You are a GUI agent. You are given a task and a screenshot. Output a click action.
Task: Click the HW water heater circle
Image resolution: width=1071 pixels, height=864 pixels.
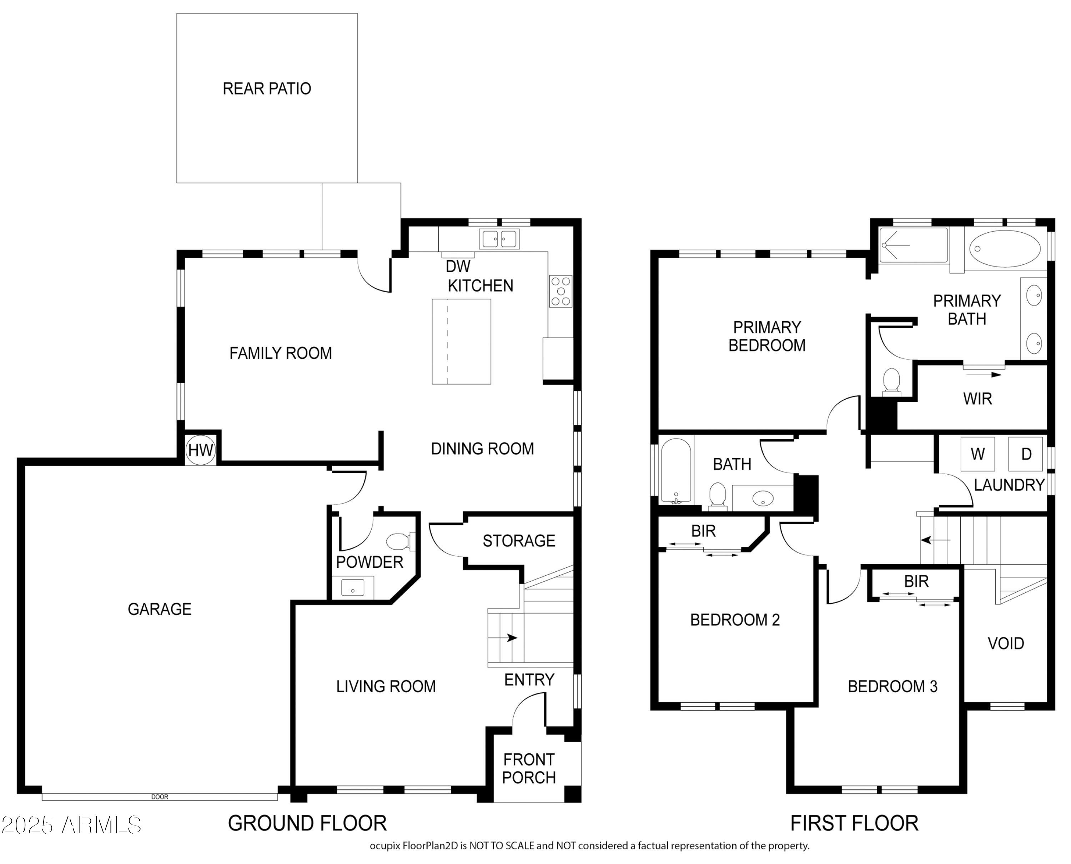click(x=201, y=450)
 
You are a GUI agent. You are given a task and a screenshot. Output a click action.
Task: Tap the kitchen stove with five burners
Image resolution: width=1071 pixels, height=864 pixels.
click(x=560, y=291)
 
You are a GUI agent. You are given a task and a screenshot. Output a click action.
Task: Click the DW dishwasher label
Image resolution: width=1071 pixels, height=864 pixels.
click(x=458, y=266)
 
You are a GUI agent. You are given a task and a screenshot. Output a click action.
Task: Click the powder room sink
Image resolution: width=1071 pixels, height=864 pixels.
click(x=352, y=588)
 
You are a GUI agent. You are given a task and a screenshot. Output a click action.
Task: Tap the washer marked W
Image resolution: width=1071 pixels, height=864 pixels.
click(x=977, y=454)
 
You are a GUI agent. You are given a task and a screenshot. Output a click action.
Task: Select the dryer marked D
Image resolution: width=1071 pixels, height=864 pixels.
click(x=1026, y=454)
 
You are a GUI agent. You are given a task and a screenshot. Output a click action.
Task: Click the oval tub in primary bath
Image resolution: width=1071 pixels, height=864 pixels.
click(x=1005, y=248)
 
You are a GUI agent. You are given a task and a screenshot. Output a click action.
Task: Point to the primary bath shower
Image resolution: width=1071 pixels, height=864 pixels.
click(x=913, y=245)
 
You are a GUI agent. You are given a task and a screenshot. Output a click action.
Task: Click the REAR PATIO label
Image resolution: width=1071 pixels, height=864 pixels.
click(x=267, y=89)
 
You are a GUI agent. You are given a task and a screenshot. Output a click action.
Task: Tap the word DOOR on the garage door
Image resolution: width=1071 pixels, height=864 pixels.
click(x=160, y=797)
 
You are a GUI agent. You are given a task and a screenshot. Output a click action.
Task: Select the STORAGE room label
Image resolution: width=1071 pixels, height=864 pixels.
click(x=519, y=541)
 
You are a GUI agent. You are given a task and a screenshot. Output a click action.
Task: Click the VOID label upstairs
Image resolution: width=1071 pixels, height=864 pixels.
click(x=1006, y=643)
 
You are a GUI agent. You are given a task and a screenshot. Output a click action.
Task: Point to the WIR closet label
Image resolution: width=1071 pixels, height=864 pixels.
click(x=977, y=399)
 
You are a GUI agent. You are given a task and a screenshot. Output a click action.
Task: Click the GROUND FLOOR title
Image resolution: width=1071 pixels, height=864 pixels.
click(x=307, y=823)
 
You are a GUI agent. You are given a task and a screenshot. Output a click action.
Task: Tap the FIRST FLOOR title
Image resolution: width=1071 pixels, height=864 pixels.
click(x=854, y=823)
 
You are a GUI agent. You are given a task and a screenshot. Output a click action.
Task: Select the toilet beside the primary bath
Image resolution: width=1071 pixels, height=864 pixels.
click(x=891, y=382)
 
